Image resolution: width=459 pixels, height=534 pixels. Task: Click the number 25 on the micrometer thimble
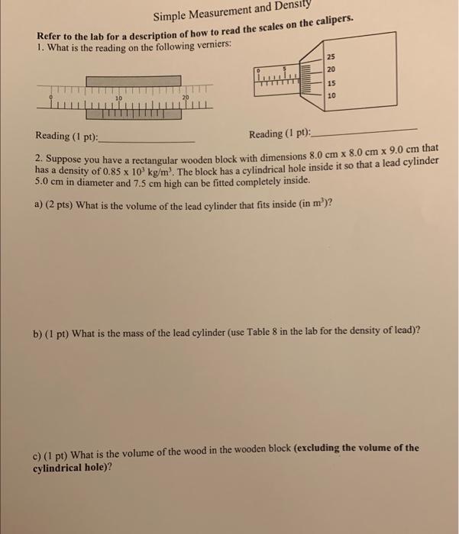(x=330, y=57)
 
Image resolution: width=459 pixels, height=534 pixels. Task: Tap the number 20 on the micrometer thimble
(x=330, y=69)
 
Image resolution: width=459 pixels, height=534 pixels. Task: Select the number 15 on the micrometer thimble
(x=331, y=83)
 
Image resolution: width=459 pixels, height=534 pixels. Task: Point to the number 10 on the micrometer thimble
(x=331, y=96)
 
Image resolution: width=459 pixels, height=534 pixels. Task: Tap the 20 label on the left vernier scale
(x=185, y=98)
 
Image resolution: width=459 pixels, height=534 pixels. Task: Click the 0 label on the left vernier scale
(x=51, y=98)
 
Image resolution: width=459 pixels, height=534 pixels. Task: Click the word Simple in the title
(x=174, y=16)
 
